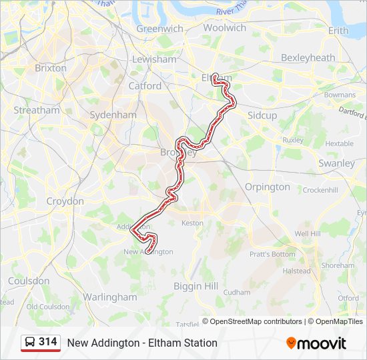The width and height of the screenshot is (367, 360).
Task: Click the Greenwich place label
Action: pos(159,29)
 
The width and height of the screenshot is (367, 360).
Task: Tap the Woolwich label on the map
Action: pos(225,28)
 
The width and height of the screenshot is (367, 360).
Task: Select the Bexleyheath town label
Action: pos(308,58)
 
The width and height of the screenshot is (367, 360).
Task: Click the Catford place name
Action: pos(145,86)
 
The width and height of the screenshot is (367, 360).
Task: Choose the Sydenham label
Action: pos(113,115)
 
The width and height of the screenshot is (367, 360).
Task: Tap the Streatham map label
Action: pos(37,110)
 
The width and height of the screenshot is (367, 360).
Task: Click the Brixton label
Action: pos(51,68)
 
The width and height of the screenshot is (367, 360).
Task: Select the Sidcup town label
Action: pos(262,115)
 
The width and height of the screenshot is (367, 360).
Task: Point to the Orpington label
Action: pos(268,187)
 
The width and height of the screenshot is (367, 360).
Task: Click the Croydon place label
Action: pos(65,201)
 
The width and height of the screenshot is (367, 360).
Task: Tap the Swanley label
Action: pos(337,163)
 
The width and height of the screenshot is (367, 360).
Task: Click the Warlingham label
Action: pos(110,297)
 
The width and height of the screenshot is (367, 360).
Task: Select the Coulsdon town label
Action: pos(29,281)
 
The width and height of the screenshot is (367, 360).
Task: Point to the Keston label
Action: pos(192,223)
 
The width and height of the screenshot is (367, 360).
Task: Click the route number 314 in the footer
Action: pos(48,342)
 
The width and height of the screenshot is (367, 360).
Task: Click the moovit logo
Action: pos(316,343)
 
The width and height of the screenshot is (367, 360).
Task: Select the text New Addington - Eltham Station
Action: pos(142,343)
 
